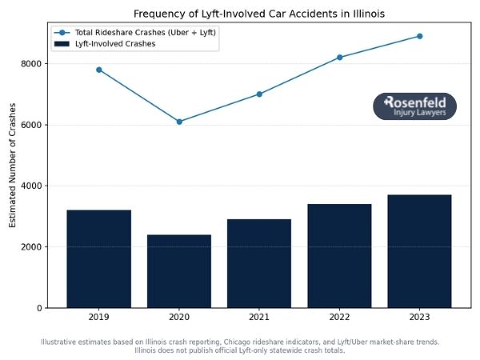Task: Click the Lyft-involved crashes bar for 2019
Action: coord(99,258)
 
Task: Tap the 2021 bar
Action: coord(259,263)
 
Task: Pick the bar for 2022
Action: coord(339,255)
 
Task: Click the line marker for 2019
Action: coord(99,70)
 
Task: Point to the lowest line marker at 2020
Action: coord(179,122)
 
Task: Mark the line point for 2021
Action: coord(259,94)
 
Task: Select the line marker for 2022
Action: coord(339,58)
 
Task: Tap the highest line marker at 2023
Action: coord(419,36)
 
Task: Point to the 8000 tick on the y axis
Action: coord(32,64)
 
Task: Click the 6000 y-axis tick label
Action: coord(32,125)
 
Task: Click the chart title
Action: coord(249,14)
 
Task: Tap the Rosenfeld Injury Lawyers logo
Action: coord(414,106)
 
